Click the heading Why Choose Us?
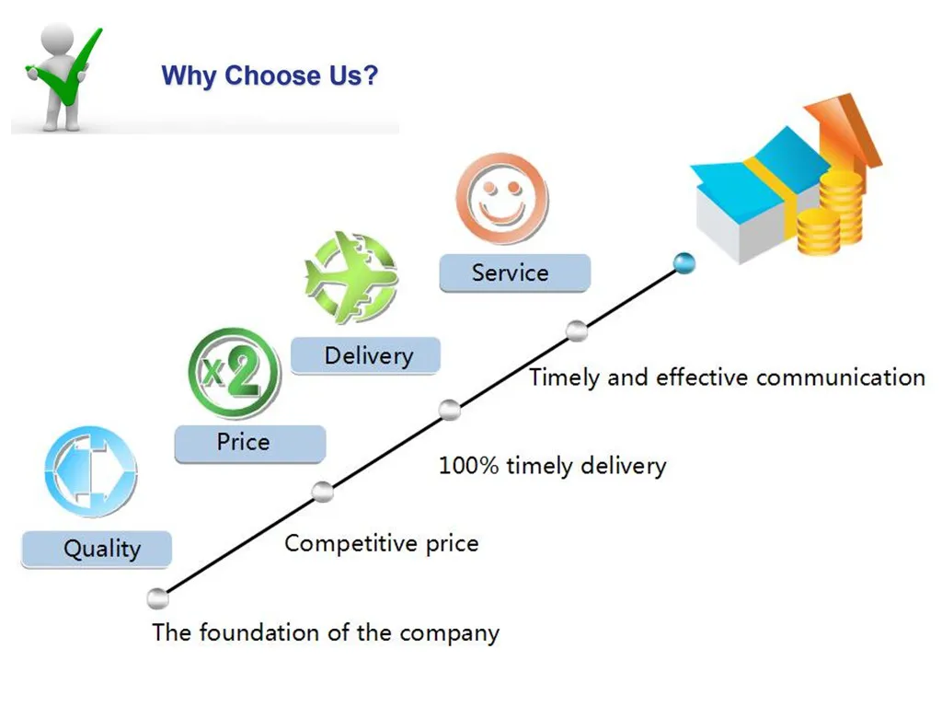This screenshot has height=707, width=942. click(270, 75)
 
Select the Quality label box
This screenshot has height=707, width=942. click(97, 550)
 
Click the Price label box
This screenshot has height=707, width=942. click(249, 443)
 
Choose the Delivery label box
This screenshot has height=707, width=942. click(365, 355)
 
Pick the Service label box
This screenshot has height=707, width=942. click(513, 272)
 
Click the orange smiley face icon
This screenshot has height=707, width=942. click(501, 199)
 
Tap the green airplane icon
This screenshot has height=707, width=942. click(350, 277)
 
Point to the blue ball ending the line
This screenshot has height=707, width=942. click(684, 264)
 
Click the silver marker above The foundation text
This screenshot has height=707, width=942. click(158, 597)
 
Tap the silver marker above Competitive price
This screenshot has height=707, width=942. click(322, 491)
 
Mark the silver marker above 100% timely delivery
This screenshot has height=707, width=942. click(449, 410)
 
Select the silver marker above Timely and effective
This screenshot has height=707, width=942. click(577, 330)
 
